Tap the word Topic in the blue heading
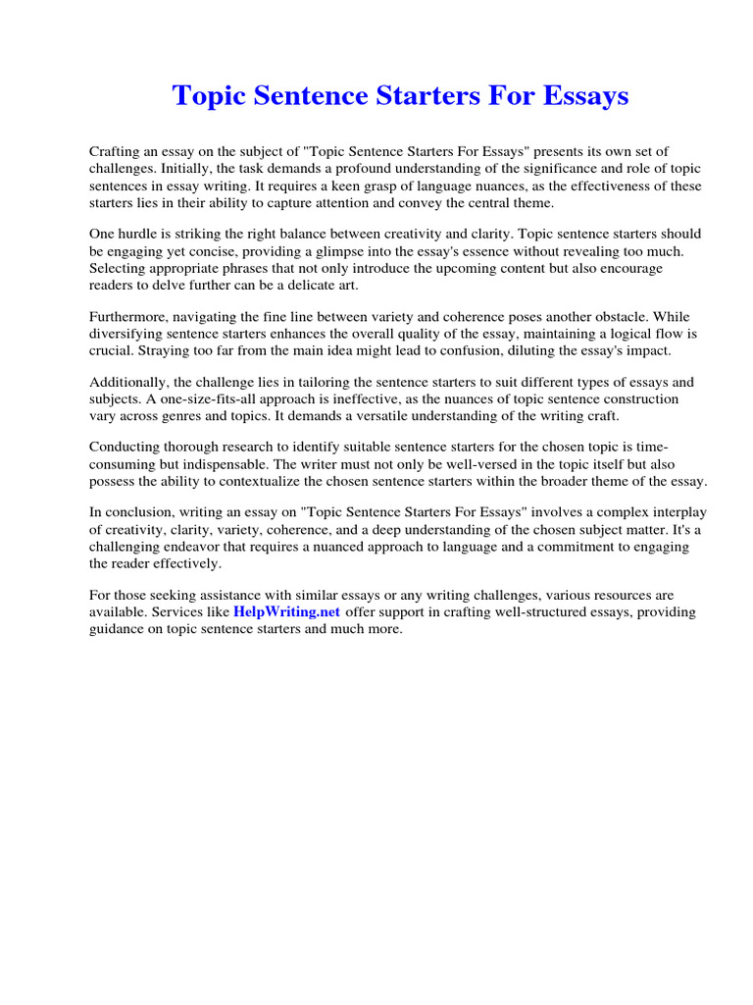(x=207, y=96)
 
